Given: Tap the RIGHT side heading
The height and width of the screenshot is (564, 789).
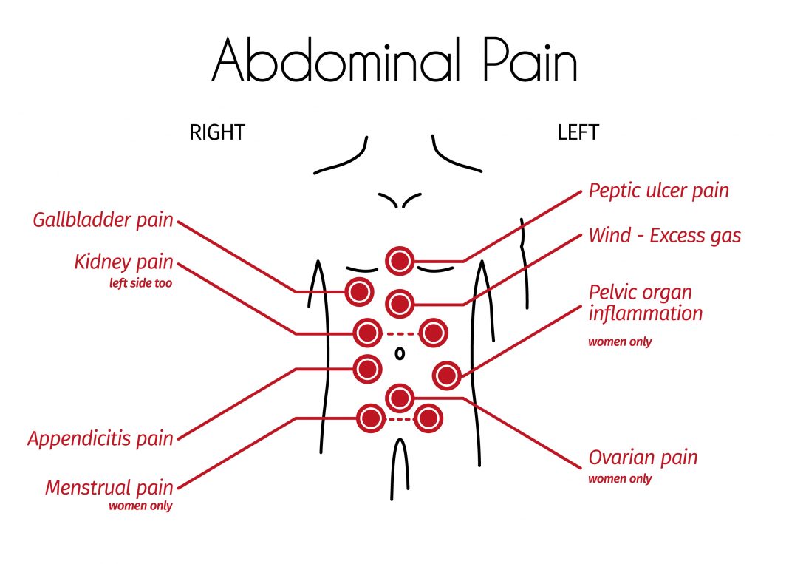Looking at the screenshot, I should point(217,133).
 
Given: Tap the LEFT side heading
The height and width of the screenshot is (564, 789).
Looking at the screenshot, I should point(578,133).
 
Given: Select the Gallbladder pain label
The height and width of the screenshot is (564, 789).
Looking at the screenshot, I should point(103,220).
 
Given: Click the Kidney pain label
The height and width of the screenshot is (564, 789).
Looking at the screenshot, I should point(123,262).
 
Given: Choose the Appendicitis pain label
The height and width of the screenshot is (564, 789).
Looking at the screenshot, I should point(100,438).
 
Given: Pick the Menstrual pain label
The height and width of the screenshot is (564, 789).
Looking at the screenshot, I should point(109,488).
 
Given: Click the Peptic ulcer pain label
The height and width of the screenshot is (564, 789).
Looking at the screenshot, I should point(658,191).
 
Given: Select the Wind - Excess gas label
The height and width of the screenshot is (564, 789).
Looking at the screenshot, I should point(664,236).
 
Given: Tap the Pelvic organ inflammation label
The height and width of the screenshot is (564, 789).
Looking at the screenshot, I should point(645,302).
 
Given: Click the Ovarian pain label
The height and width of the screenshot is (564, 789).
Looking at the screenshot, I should point(643,458).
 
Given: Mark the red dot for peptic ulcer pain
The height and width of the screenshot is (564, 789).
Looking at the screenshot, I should point(400,260).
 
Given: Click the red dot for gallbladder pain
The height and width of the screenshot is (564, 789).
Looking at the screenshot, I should point(359,292).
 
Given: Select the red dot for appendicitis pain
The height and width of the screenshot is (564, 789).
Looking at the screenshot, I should point(367,368).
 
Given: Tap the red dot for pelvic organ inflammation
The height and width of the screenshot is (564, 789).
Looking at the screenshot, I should point(446,376).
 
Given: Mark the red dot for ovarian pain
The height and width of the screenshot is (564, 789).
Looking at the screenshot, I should point(400,398).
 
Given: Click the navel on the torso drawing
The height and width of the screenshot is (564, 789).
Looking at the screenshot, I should point(400,353).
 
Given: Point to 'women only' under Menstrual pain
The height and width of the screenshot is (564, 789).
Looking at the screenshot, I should point(140,506).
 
